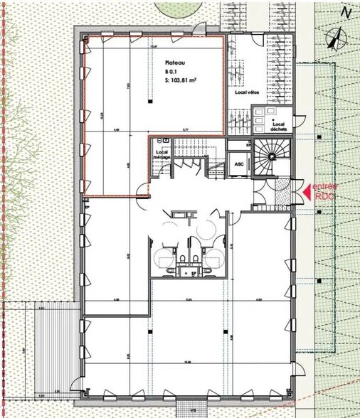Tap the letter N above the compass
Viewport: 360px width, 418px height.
pos(345,12)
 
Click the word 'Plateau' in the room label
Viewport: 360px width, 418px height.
pos(174,62)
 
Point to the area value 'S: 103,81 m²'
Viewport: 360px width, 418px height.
pos(180,81)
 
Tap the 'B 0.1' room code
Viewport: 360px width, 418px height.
pos(172,72)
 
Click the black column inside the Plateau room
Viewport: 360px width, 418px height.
pos(152,102)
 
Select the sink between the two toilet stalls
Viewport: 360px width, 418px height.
pos(189,269)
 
